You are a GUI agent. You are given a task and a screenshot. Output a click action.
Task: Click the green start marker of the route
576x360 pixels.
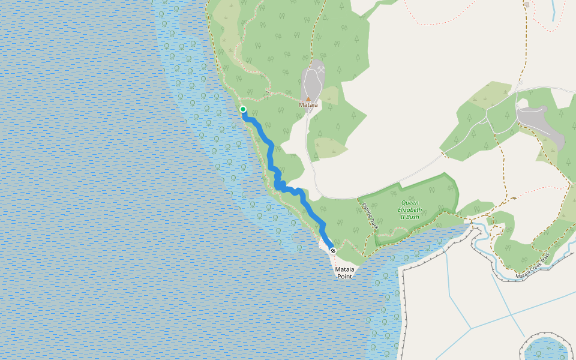(243, 109)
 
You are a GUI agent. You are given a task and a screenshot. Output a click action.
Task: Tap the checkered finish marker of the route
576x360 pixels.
(333, 251)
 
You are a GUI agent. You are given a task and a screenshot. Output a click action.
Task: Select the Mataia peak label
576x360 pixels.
(308, 105)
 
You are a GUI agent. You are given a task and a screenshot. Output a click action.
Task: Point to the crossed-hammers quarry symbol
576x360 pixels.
(322, 70)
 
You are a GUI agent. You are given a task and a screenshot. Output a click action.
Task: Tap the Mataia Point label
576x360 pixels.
(344, 273)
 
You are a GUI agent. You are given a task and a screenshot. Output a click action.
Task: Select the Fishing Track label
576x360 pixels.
(370, 215)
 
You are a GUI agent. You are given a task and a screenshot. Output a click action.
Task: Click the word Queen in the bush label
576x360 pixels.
(410, 203)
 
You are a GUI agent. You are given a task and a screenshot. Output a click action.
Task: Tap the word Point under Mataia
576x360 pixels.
(344, 277)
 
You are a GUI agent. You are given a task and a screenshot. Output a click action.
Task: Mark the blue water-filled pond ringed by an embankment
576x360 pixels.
(545, 348)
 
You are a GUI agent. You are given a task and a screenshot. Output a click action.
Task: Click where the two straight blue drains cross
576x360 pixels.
(471, 328)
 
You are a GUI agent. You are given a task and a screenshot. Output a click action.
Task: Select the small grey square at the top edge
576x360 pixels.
(527, 5)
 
